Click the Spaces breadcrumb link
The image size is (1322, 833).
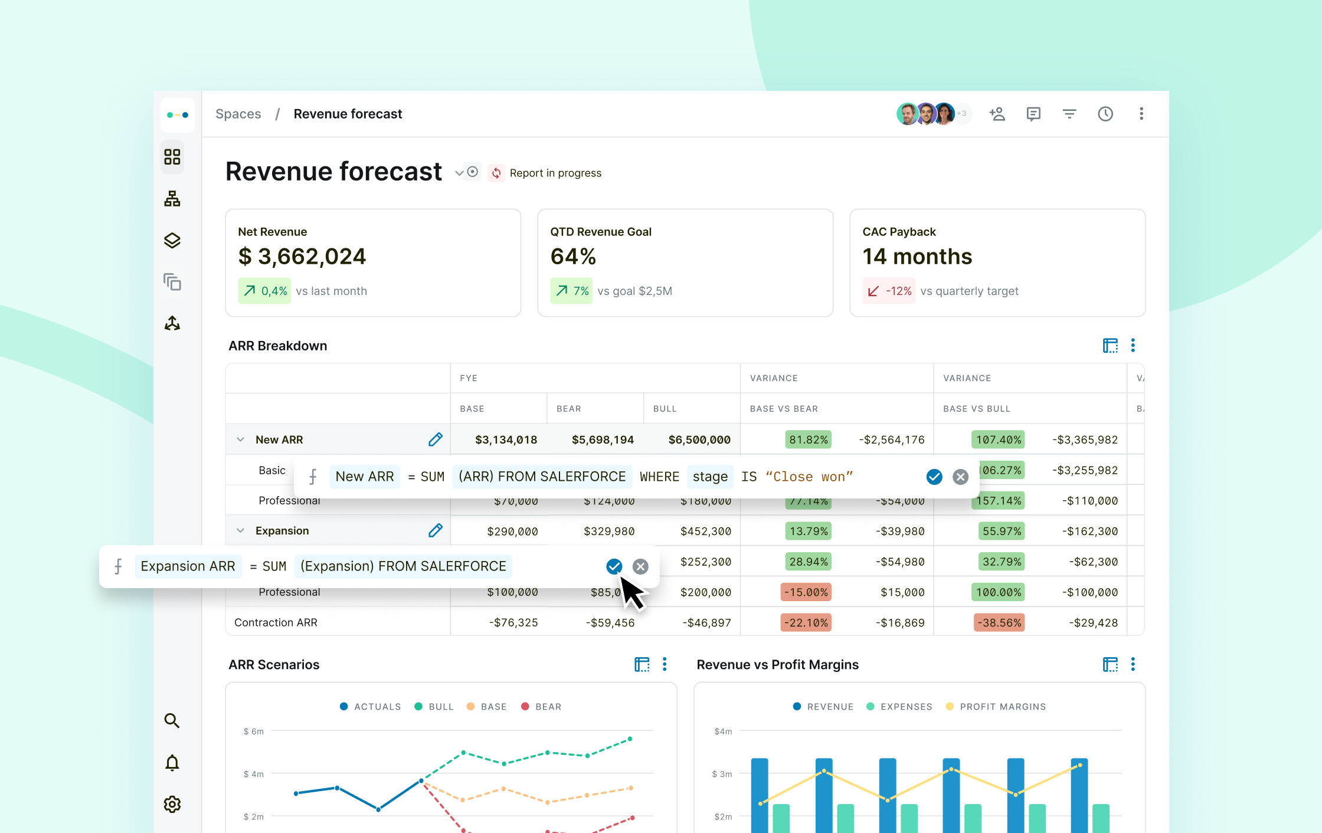coord(238,114)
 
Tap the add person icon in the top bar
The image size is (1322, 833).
coord(997,114)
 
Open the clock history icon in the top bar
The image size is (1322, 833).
coord(1105,114)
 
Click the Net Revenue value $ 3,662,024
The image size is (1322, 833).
coord(302,257)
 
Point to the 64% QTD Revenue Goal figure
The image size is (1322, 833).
coord(573,257)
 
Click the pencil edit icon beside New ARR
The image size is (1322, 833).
coord(436,440)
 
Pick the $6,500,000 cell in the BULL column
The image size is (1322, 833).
coord(699,440)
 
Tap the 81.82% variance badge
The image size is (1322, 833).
coord(809,440)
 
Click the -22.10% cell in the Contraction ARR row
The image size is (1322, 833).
coord(806,622)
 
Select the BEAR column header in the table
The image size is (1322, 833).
coord(568,408)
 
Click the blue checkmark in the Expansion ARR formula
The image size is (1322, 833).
coord(614,566)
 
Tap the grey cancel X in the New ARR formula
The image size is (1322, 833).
coord(961,477)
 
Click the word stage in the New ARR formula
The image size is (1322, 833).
coord(710,477)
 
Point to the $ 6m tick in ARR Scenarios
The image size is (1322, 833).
coord(254,732)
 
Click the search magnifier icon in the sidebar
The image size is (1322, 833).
coord(172,720)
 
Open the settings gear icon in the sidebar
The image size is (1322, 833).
coord(172,804)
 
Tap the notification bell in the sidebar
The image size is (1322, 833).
coord(172,763)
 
